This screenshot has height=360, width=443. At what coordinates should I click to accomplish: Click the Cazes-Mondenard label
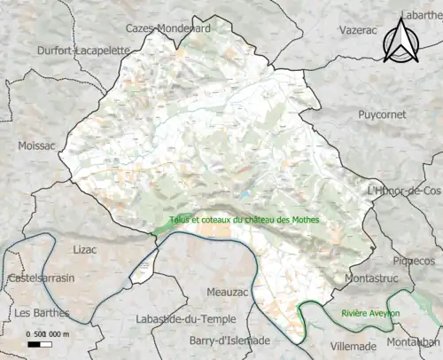point(168,27)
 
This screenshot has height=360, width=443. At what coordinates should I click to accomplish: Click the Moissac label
point(35,145)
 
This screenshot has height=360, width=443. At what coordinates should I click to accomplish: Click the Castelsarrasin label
point(43,278)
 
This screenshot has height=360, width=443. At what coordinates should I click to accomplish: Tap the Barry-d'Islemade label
point(230,340)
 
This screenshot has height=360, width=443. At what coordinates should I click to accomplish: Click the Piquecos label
point(415,262)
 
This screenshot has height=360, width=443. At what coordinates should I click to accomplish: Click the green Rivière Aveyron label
point(370,314)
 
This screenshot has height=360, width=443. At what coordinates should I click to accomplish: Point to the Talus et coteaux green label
point(245,221)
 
